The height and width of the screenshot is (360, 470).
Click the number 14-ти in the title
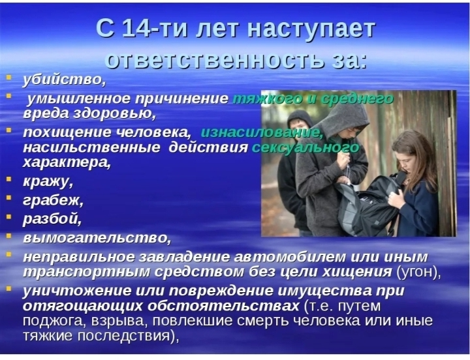point(155,29)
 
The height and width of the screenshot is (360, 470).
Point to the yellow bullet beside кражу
point(9,179)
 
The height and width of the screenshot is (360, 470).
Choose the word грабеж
point(53,200)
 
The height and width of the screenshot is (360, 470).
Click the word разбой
point(52,219)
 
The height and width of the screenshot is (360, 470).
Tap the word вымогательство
point(97,238)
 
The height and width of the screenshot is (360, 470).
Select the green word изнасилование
point(262,132)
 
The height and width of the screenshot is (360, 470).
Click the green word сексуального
point(305,147)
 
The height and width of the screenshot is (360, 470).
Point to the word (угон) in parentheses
point(418,272)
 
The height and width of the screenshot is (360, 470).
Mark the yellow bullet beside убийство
point(9,77)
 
